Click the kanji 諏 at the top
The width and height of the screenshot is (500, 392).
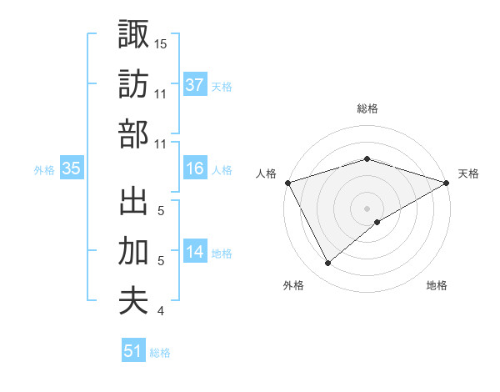click(x=134, y=34)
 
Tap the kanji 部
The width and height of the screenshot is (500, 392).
click(x=134, y=134)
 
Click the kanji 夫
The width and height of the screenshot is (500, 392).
click(x=134, y=300)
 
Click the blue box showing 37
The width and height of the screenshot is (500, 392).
click(x=195, y=84)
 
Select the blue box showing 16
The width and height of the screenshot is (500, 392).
click(x=195, y=168)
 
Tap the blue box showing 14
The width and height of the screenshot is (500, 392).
click(x=195, y=252)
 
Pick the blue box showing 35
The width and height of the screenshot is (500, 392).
click(x=72, y=168)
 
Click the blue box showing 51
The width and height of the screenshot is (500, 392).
click(x=133, y=351)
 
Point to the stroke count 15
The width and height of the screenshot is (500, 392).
click(x=161, y=43)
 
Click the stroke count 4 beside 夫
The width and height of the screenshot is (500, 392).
click(x=160, y=311)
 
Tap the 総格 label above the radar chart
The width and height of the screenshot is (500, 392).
click(x=367, y=108)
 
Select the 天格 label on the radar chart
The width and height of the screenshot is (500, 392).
click(x=469, y=173)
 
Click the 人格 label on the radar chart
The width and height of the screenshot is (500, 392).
click(x=266, y=173)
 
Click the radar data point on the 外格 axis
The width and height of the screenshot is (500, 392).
click(x=328, y=264)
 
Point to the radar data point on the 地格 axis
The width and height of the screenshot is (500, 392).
click(x=378, y=222)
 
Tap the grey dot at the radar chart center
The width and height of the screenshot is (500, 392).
click(x=367, y=208)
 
